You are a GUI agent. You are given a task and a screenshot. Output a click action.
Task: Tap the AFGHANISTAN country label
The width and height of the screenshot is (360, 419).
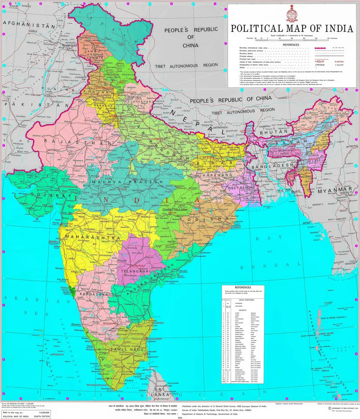[29, 26]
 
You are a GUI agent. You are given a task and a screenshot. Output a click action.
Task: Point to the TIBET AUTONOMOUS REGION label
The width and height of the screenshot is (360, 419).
[187, 65]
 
